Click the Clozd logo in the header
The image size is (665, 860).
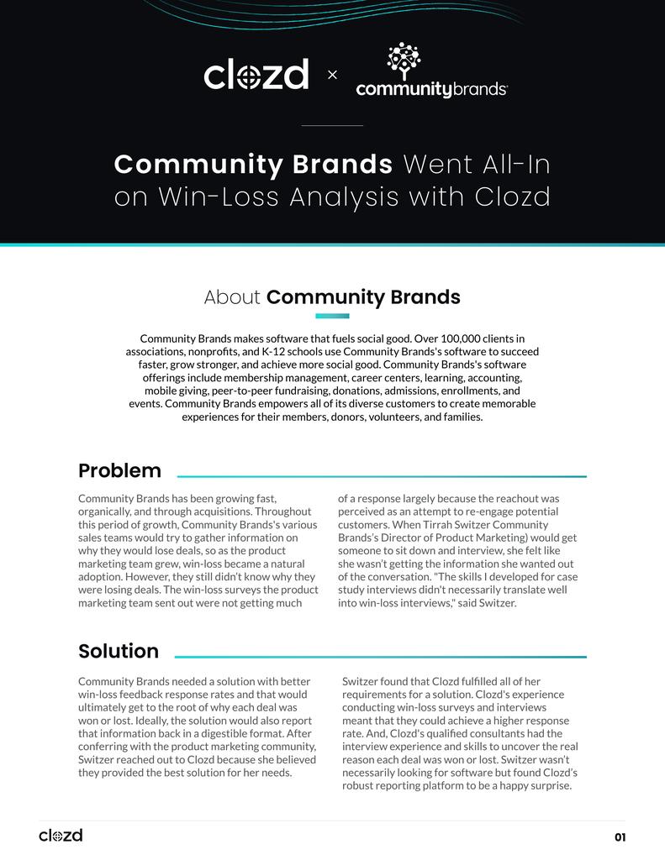click(x=256, y=75)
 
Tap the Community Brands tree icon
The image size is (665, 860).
click(x=403, y=60)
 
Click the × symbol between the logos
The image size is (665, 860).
click(x=332, y=76)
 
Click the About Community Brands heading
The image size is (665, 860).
click(x=332, y=297)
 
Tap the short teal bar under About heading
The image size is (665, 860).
click(x=332, y=317)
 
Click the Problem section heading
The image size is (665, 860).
click(x=119, y=470)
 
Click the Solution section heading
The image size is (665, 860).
click(x=119, y=651)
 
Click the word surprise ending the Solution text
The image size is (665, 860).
click(x=551, y=786)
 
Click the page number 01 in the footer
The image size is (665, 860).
click(x=620, y=837)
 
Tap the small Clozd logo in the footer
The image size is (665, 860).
click(x=61, y=836)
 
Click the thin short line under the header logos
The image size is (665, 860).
click(x=332, y=126)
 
